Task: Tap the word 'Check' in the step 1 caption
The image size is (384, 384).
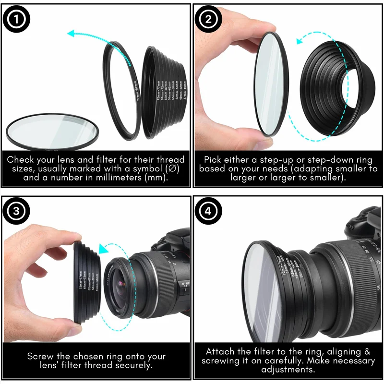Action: click(x=21, y=159)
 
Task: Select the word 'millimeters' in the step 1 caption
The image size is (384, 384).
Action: click(x=126, y=177)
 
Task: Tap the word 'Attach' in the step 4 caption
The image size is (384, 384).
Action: click(x=220, y=351)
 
